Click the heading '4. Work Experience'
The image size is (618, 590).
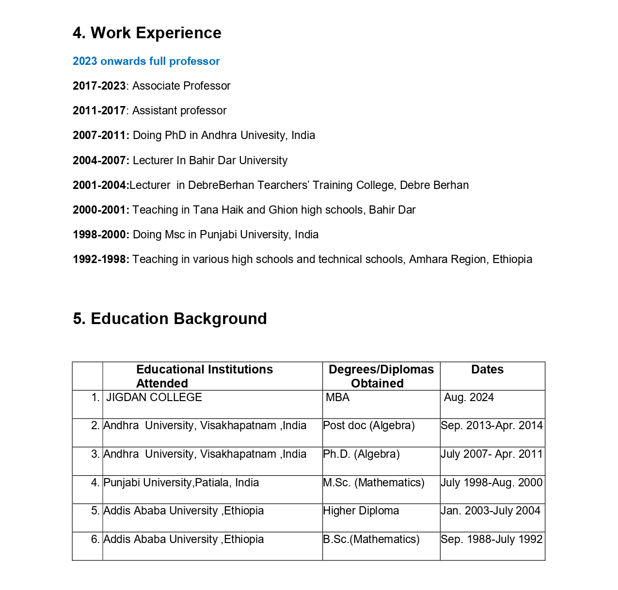pyautogui.click(x=147, y=33)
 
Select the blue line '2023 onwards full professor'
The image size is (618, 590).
pyautogui.click(x=146, y=62)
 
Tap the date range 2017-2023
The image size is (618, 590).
pyautogui.click(x=99, y=86)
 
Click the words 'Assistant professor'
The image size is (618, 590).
pyautogui.click(x=179, y=111)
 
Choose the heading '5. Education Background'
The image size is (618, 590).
pyautogui.click(x=170, y=319)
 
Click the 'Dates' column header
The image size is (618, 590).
pyautogui.click(x=487, y=370)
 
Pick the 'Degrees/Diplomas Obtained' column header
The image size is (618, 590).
pyautogui.click(x=381, y=376)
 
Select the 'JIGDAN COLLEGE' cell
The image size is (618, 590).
pyautogui.click(x=154, y=398)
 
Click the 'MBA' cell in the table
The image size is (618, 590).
pyautogui.click(x=337, y=398)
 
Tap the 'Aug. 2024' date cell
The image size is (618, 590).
pyautogui.click(x=469, y=398)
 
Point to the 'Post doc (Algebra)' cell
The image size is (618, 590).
pyautogui.click(x=368, y=426)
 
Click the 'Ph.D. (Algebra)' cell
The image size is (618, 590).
pyautogui.click(x=361, y=454)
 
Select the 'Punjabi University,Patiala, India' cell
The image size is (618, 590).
pyautogui.click(x=181, y=483)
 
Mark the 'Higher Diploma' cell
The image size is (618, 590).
pyautogui.click(x=361, y=511)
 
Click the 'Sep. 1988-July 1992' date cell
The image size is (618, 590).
pyautogui.click(x=491, y=540)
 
